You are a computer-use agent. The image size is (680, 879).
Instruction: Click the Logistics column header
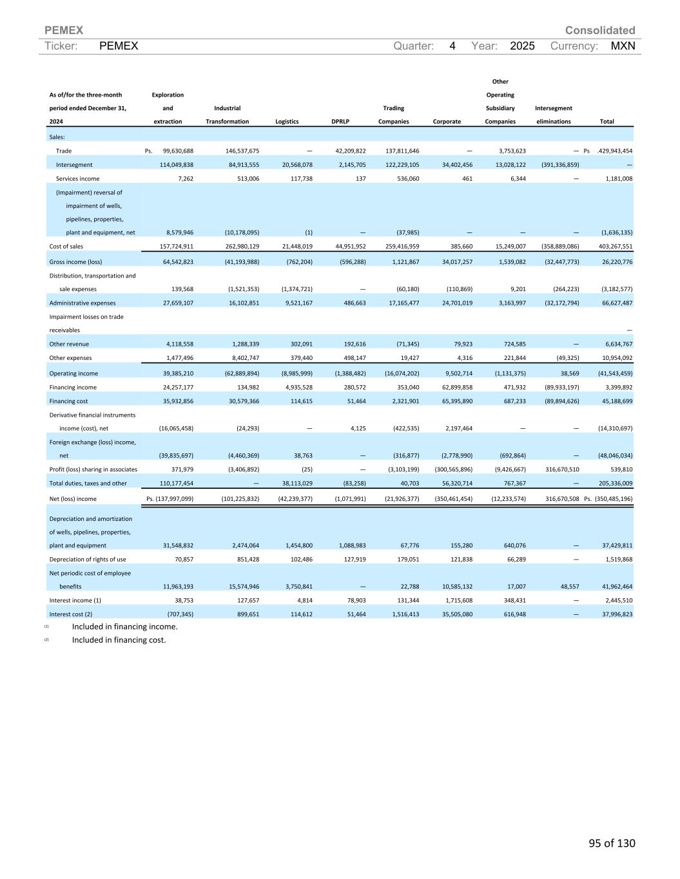point(287,121)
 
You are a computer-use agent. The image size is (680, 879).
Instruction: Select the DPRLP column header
point(340,121)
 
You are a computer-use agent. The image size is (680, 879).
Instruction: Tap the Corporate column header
point(447,121)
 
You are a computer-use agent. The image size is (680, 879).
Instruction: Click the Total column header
point(607,121)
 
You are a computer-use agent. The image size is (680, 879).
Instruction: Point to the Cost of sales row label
point(66,246)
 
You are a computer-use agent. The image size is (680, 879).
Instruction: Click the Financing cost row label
point(68,401)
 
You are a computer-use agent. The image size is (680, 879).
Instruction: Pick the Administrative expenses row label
point(83,303)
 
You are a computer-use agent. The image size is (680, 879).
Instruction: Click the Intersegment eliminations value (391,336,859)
point(556,165)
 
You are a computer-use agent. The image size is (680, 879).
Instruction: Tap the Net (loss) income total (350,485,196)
point(613,498)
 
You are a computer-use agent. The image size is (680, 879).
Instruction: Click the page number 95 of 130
point(611,843)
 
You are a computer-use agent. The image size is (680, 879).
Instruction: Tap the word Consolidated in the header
point(599,30)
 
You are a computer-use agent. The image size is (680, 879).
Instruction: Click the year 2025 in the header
point(522,46)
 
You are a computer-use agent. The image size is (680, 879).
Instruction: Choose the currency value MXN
point(623,46)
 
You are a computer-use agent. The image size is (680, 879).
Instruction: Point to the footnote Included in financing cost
point(119,639)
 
